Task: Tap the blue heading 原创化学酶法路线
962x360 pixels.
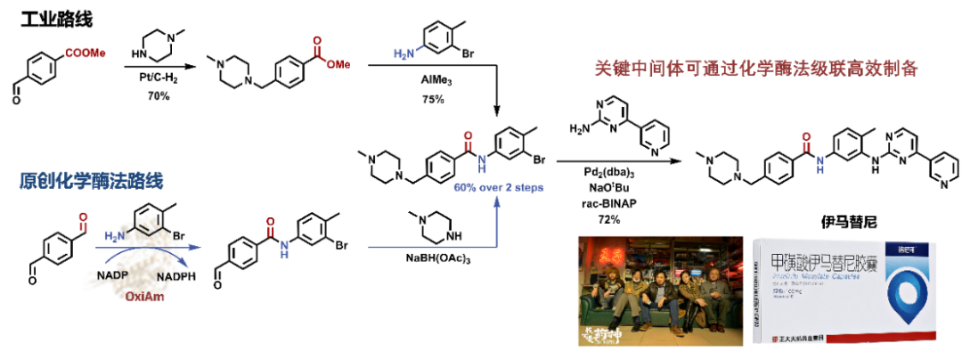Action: [x=93, y=182]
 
